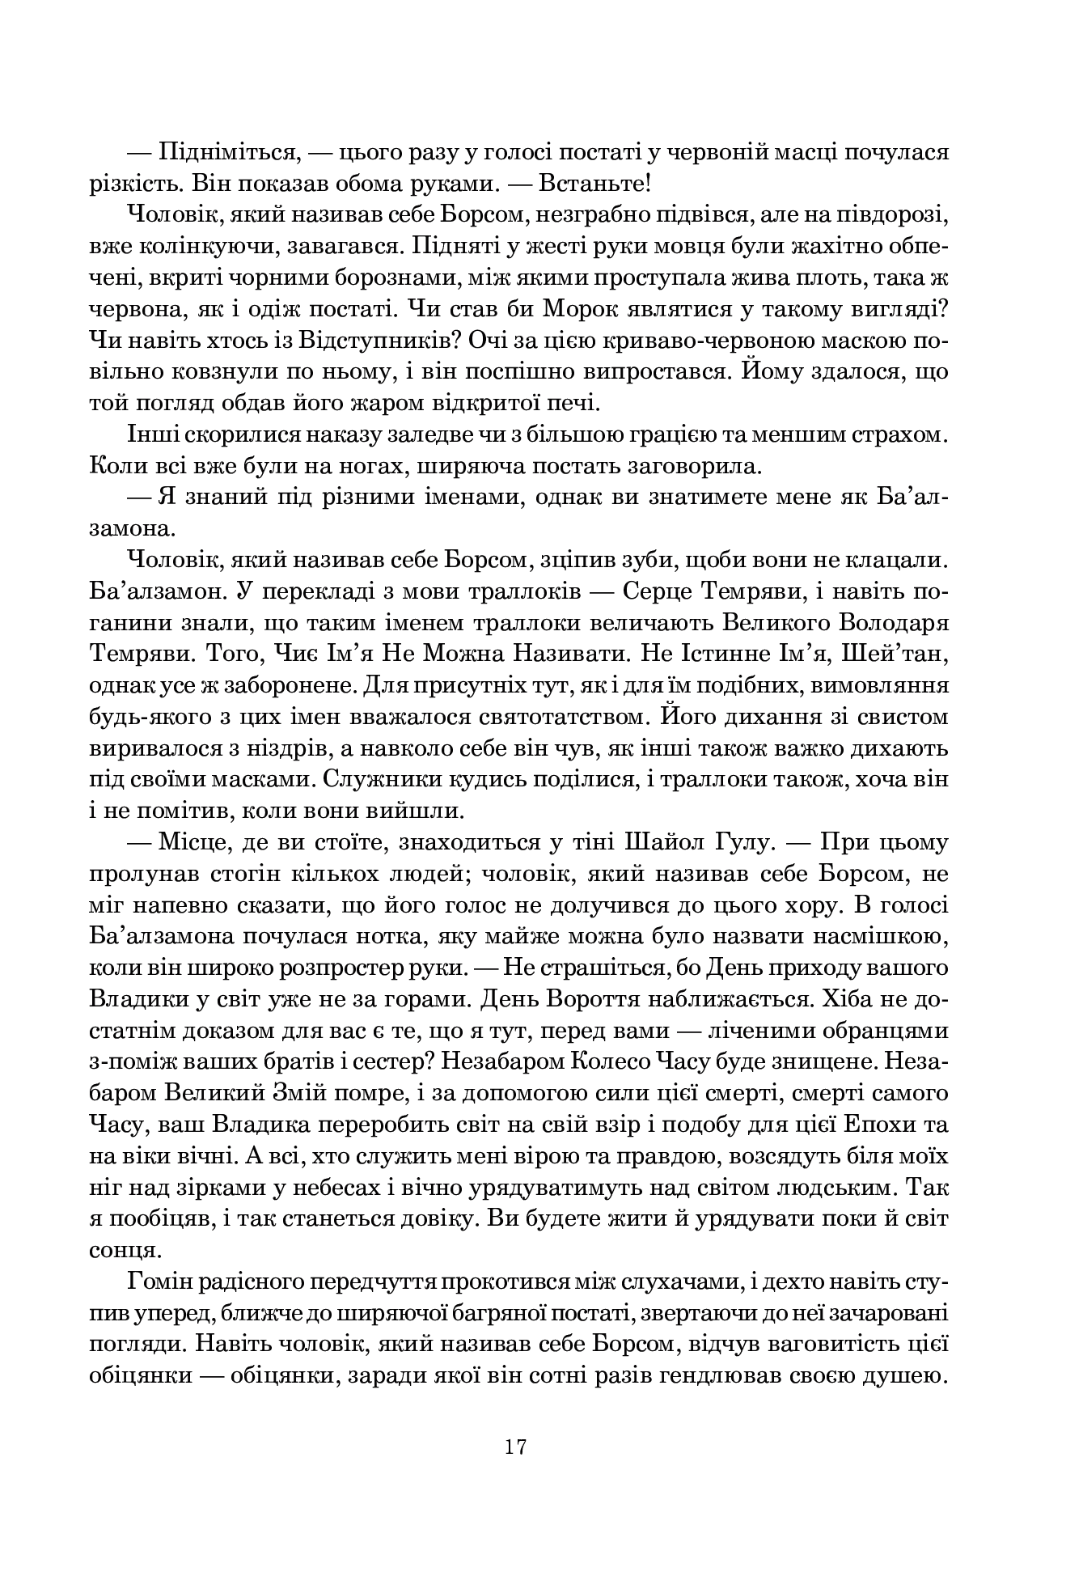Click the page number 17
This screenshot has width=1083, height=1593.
point(516,1447)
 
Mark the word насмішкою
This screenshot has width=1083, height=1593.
point(878,937)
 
